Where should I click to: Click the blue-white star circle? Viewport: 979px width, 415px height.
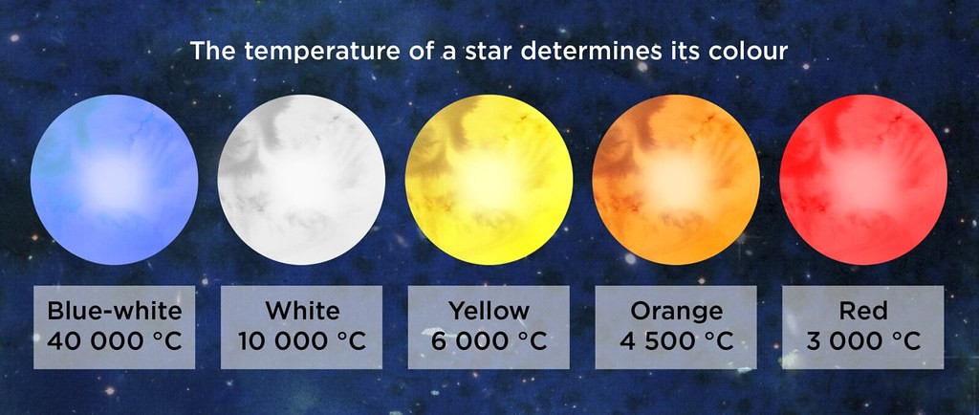[x=115, y=180]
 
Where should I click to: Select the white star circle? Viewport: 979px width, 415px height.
[x=301, y=180]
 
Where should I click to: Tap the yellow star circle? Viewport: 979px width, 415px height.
[x=489, y=180]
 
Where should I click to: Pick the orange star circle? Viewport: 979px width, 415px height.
[x=676, y=180]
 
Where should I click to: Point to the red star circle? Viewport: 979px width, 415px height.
[x=863, y=180]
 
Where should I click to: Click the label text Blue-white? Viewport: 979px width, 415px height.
[x=115, y=311]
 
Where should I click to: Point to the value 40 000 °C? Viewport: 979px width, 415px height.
[x=115, y=341]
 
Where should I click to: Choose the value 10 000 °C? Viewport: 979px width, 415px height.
[x=301, y=341]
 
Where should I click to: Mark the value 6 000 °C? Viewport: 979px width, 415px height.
[x=489, y=341]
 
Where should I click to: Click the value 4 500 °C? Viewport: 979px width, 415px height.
[x=676, y=341]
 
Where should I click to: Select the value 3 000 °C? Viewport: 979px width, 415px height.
[x=863, y=341]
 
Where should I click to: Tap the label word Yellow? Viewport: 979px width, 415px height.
[x=489, y=311]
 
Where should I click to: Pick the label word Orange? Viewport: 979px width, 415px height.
[x=676, y=312]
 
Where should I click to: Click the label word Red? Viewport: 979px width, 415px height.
[x=863, y=311]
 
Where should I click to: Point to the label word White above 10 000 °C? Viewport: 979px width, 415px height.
[x=302, y=311]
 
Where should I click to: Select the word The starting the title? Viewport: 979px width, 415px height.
[x=213, y=52]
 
